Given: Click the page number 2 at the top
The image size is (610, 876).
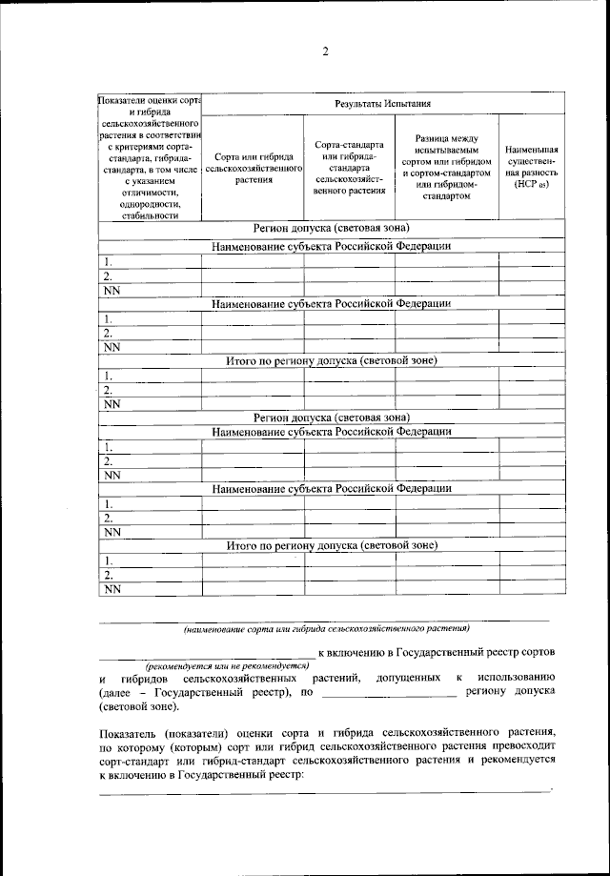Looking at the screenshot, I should (325, 51).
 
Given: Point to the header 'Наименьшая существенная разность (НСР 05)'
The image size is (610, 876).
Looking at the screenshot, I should (532, 167).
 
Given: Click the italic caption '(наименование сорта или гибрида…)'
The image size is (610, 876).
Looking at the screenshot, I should (326, 629).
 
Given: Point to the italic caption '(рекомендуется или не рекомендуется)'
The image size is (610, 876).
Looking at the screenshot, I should (227, 664).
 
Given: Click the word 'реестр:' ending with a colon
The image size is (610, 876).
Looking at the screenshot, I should (283, 776).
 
